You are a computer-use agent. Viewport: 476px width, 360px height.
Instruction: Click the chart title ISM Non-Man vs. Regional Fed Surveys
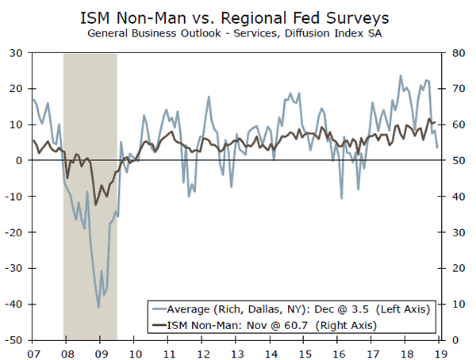238,17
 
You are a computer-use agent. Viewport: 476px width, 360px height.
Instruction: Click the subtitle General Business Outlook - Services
237,34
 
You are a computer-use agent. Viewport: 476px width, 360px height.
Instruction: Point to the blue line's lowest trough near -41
98,307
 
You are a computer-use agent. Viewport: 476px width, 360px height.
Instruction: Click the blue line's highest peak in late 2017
401,76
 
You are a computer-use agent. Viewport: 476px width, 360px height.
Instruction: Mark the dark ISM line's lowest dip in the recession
96,205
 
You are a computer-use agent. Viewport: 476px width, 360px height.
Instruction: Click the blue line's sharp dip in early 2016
342,197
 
